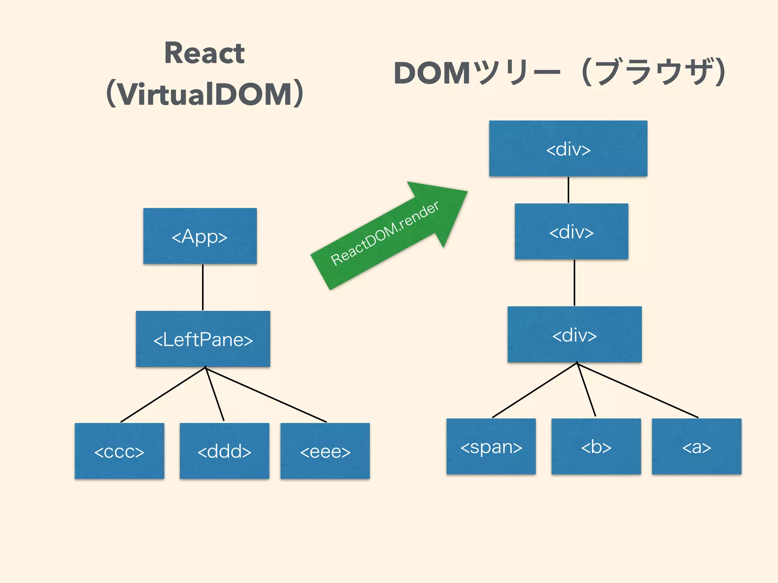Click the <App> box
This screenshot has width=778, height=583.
[x=200, y=236]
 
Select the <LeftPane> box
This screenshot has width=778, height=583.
[x=203, y=339]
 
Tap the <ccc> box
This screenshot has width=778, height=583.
[x=119, y=451]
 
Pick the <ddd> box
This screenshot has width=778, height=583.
[x=224, y=451]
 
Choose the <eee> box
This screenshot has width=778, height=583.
[x=325, y=451]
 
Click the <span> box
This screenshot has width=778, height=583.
[x=491, y=446]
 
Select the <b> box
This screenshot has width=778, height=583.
[x=596, y=446]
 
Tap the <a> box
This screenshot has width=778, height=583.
[x=696, y=446]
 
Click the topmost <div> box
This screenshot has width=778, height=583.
[x=568, y=148]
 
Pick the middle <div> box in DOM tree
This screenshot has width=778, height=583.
[x=571, y=232]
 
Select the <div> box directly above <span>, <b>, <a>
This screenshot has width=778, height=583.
[x=574, y=334]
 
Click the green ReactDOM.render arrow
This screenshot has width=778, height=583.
[x=387, y=235]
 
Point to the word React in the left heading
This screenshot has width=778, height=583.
[x=204, y=53]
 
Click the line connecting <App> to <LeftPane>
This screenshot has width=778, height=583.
[x=203, y=287]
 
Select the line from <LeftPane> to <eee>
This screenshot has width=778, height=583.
[x=266, y=395]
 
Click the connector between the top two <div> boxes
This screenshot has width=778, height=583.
[x=568, y=190]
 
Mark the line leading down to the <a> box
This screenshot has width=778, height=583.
[x=638, y=391]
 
